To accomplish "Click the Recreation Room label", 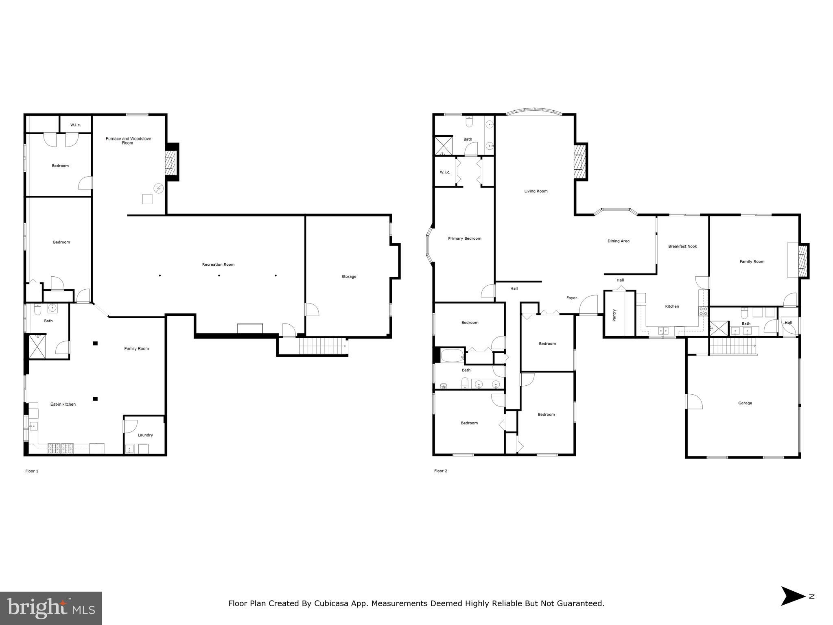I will click(218, 264).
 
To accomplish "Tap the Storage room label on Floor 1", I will click(349, 277).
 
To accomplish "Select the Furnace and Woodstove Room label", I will click(128, 141).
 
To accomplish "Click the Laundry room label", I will click(145, 435).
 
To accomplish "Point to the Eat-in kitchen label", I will click(63, 404).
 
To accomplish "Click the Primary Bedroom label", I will click(465, 238).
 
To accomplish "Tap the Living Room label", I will click(536, 191).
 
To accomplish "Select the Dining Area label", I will click(619, 241).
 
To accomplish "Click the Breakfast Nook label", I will click(682, 246).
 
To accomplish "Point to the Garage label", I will click(745, 403).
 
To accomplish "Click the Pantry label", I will click(614, 315).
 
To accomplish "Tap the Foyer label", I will click(572, 298).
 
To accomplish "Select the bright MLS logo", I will click(51, 608).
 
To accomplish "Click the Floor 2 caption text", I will click(441, 471).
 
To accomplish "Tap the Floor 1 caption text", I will click(32, 471).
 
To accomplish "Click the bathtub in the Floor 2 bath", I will click(452, 356).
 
